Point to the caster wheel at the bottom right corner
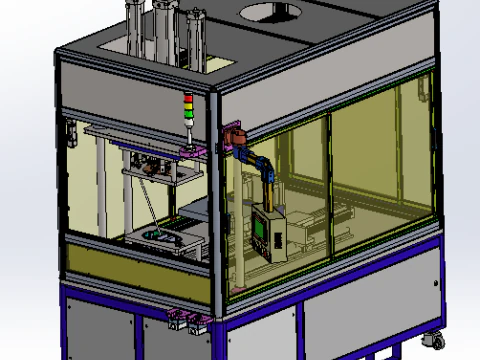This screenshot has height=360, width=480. tap(437, 340)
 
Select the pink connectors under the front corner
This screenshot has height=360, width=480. tap(186, 320)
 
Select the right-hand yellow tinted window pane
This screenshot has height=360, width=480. tap(380, 160)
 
